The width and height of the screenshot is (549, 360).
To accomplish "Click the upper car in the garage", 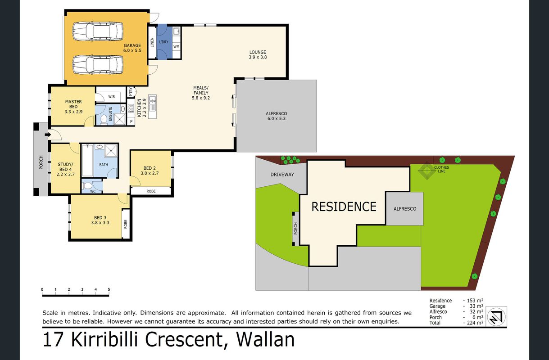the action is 98,31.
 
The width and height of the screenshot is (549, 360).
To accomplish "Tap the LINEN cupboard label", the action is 152,42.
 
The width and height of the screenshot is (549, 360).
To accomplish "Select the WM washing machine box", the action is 177,46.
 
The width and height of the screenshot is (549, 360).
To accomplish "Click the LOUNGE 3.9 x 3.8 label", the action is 258,54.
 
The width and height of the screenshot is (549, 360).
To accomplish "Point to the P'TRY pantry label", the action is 131,92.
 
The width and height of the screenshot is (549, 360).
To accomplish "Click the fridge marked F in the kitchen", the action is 132,121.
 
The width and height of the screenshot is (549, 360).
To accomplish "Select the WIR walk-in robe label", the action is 112,97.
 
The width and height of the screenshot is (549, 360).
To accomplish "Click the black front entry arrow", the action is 48,135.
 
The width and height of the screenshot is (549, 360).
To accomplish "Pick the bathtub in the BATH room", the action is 87,160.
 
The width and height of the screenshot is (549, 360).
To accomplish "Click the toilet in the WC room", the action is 87,186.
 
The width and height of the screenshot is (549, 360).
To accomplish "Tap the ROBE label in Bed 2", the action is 151,191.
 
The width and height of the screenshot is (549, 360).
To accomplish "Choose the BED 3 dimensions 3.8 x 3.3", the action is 100,223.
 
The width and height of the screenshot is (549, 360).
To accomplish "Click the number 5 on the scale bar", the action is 109,289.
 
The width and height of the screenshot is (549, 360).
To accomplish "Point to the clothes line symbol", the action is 426,170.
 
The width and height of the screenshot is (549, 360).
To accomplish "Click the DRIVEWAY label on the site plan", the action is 282,175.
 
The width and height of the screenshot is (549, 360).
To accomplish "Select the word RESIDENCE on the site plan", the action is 344,207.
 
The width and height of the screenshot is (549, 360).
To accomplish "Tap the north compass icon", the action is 496,317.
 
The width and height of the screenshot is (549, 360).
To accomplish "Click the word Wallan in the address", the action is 265,339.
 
